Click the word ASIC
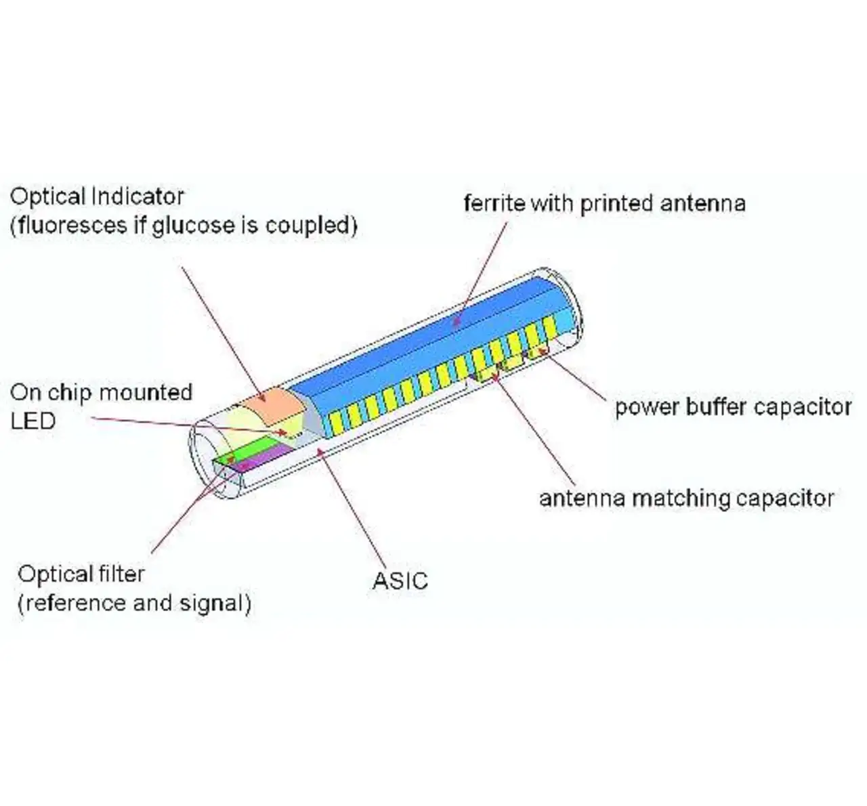(x=400, y=581)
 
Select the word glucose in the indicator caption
(x=194, y=226)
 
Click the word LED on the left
(x=33, y=421)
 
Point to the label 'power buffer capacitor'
(x=733, y=407)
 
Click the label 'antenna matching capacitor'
(x=686, y=499)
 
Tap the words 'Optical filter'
(x=81, y=574)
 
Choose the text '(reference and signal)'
(x=134, y=603)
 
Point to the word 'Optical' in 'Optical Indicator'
(x=47, y=197)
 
